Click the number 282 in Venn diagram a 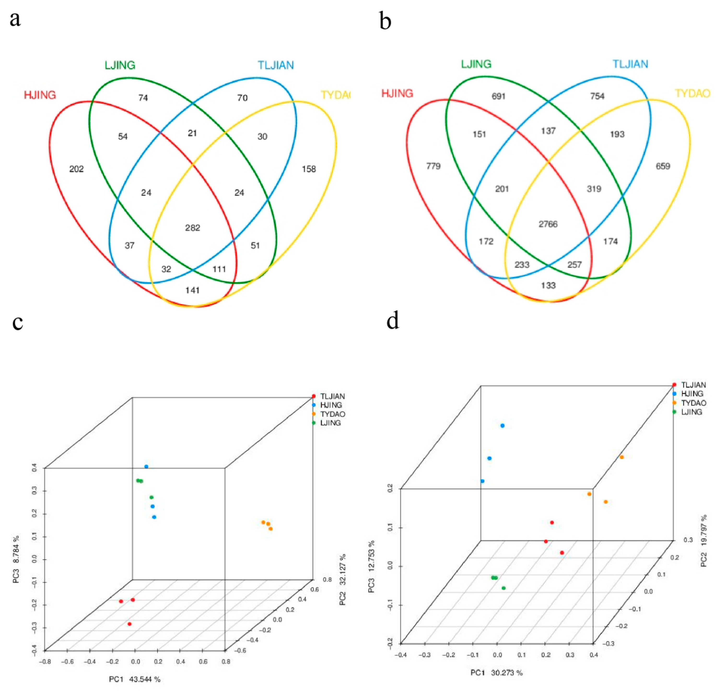click(193, 228)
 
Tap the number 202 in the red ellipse click(76, 169)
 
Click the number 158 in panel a click(309, 169)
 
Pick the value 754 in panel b click(597, 96)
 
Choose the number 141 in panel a click(193, 290)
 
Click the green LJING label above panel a click(120, 65)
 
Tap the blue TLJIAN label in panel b click(630, 64)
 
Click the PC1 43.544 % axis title click(135, 680)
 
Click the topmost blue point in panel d click(503, 426)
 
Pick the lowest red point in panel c click(129, 624)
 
